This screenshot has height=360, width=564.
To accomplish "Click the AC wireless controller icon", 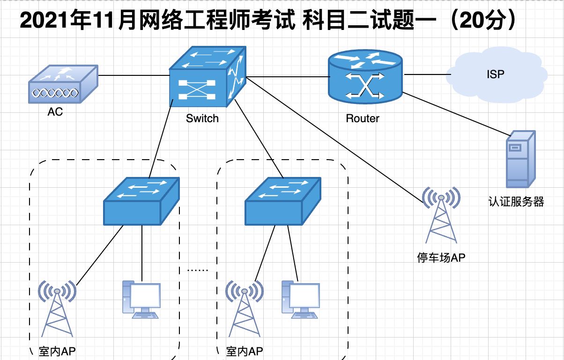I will tap(63, 85).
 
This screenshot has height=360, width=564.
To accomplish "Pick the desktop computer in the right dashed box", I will tap(301, 299).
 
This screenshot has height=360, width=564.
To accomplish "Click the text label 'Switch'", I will tap(202, 118).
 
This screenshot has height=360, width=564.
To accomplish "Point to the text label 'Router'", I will tap(363, 118).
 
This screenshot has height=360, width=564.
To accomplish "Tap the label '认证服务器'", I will tap(516, 202).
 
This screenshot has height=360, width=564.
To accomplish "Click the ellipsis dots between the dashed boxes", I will tap(197, 269).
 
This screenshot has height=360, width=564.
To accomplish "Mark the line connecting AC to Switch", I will tap(134, 75).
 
